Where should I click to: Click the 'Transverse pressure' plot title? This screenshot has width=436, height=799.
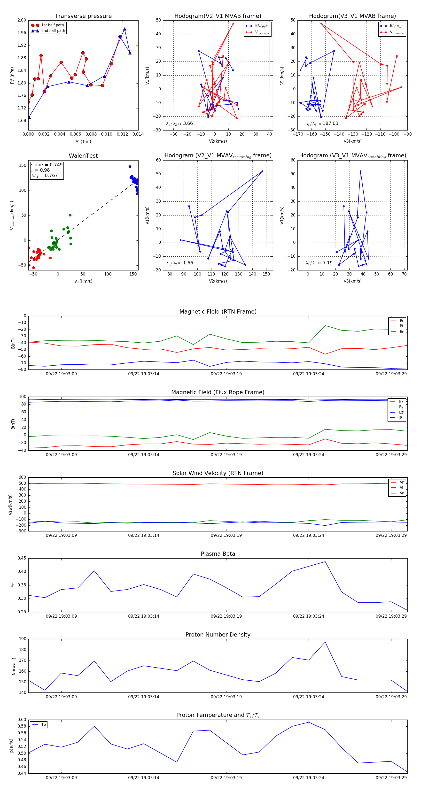point(83,16)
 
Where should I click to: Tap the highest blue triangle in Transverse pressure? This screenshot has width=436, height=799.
point(125,29)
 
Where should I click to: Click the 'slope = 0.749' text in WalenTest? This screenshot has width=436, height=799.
point(47,165)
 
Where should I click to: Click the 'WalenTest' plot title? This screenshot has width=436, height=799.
point(83,156)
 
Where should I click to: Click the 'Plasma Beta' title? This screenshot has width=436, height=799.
point(218,554)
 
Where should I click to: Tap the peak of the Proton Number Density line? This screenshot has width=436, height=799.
point(325,642)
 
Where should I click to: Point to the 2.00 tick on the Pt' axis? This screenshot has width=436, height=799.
point(22,20)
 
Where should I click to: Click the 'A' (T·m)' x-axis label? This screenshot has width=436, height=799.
point(83,141)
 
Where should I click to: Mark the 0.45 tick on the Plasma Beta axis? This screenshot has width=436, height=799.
point(22,558)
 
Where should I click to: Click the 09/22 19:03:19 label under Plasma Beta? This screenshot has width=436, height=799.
point(226,616)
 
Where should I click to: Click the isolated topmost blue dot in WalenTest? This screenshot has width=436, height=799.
point(130,167)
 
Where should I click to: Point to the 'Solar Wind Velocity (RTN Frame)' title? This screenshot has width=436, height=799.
point(218,473)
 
